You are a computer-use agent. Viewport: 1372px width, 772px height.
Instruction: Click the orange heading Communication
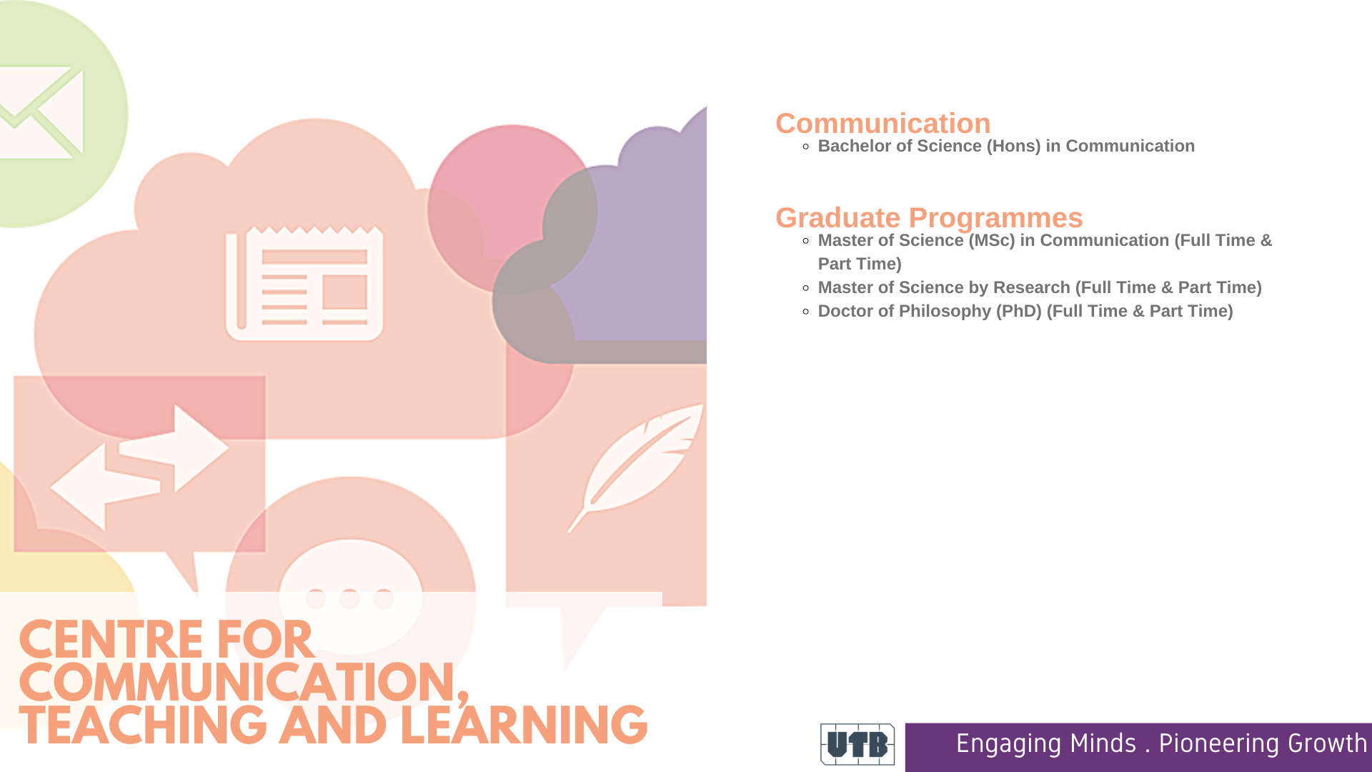click(883, 124)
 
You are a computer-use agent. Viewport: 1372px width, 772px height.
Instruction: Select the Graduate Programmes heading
click(929, 218)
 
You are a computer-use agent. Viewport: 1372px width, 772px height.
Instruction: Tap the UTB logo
click(857, 744)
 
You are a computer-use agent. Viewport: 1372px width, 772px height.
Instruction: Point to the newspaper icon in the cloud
click(304, 283)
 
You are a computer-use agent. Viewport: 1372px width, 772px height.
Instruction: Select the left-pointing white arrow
click(105, 487)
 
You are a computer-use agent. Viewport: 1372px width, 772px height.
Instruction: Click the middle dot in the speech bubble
click(349, 598)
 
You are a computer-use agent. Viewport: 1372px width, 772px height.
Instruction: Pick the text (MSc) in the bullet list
click(992, 241)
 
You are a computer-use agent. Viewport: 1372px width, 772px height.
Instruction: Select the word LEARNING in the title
click(524, 726)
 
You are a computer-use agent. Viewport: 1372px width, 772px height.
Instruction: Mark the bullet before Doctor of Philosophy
click(806, 312)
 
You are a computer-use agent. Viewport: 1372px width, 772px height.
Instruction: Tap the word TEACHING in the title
click(144, 726)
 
